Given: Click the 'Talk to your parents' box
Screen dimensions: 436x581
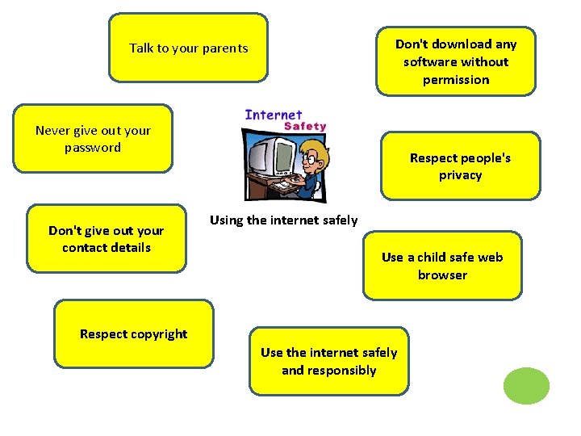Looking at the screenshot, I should [x=188, y=48].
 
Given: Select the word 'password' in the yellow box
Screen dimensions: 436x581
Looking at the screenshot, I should [x=93, y=148].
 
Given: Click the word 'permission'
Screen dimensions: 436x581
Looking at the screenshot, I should [x=456, y=80].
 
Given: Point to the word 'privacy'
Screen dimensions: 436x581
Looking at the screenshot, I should [x=460, y=175].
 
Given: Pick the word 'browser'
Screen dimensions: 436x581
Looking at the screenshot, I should [x=442, y=275].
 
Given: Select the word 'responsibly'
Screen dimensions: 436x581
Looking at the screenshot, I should [x=328, y=371].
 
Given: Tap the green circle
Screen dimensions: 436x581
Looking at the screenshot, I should [x=526, y=386].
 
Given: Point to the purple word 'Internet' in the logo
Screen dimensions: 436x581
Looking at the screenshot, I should [x=274, y=115].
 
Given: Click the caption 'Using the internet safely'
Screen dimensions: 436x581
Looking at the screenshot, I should [x=283, y=220].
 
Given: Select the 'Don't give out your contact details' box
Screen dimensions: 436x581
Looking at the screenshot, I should [x=107, y=239].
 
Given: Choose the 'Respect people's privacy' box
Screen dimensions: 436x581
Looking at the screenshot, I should [x=460, y=166].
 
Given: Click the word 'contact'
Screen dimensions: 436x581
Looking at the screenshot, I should [x=84, y=248].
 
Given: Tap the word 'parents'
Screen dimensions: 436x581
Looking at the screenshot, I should [x=225, y=48].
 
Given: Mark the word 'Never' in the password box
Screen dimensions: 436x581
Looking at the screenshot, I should [x=52, y=130].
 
